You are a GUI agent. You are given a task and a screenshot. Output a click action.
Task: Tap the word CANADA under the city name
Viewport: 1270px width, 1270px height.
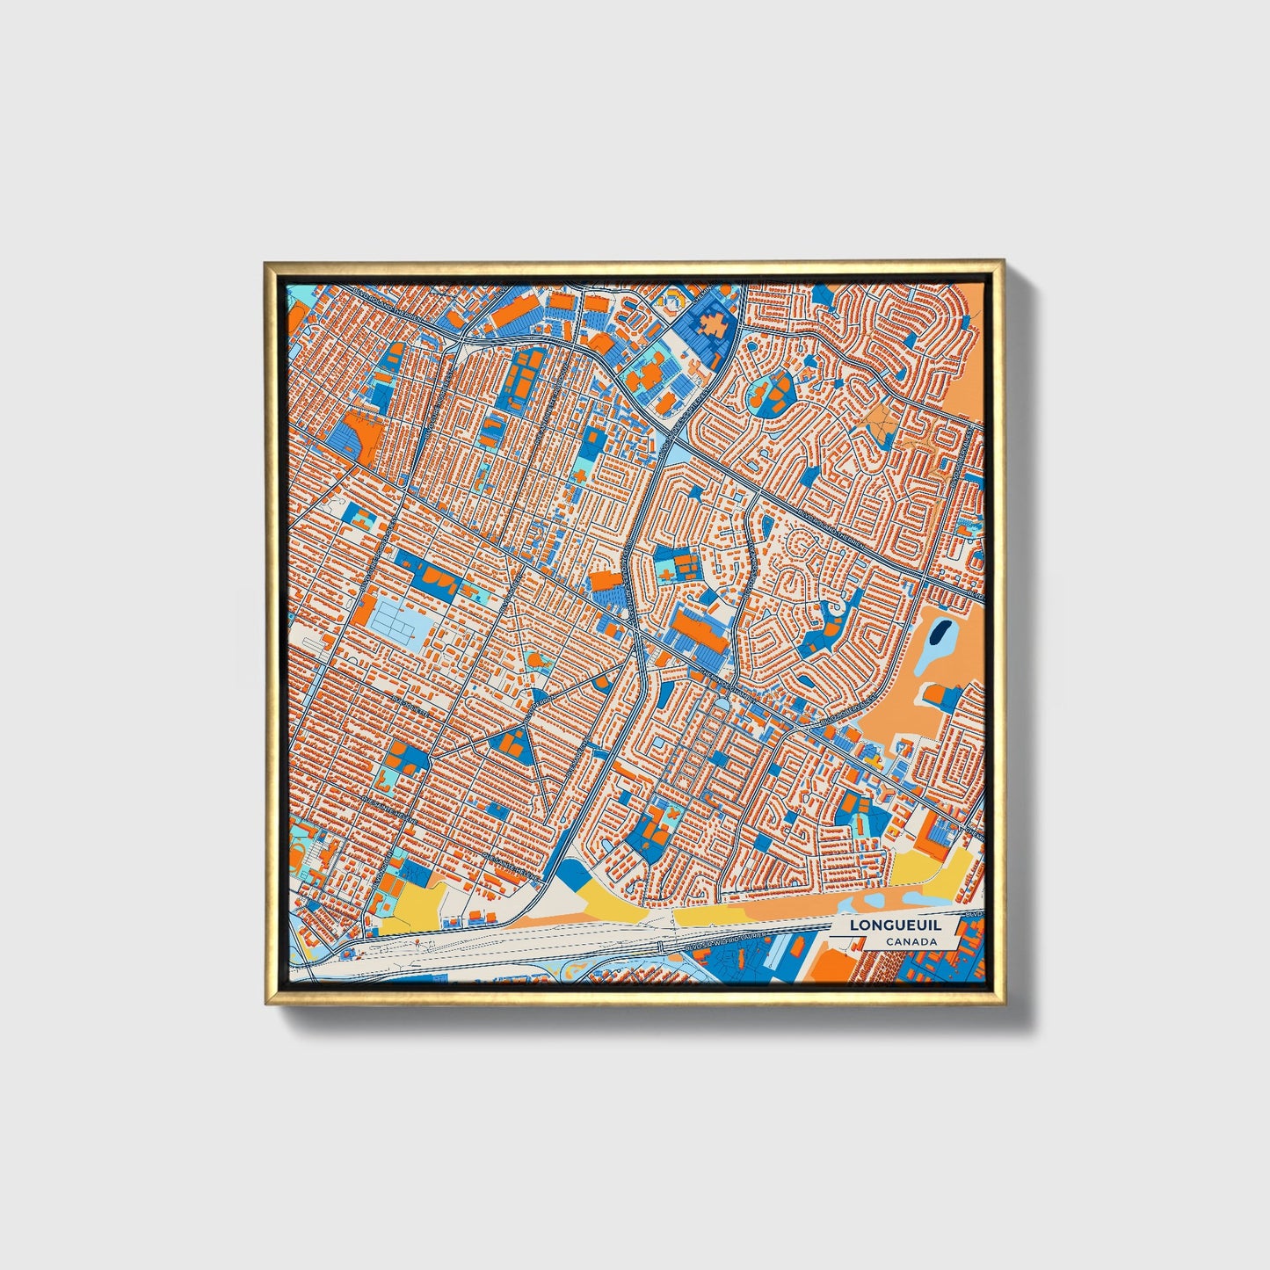(x=911, y=942)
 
